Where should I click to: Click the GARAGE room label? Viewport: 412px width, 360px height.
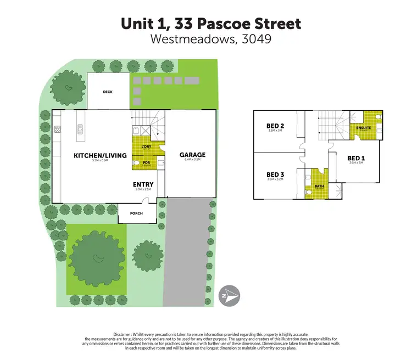pos(192,155)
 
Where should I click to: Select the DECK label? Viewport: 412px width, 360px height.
pos(108,92)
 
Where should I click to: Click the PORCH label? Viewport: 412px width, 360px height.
pos(136,213)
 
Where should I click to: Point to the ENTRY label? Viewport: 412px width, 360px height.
pos(143,184)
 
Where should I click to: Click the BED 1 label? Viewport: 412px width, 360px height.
pos(355,158)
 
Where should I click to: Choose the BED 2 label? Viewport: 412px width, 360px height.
pos(274,125)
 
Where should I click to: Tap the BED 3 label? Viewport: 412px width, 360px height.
pos(274,175)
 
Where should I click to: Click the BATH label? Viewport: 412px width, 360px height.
pos(319,187)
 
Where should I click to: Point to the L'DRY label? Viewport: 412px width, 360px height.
pos(146,147)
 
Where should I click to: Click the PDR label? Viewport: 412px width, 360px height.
pos(146,162)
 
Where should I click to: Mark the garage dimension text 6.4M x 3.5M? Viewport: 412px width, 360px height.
pos(192,160)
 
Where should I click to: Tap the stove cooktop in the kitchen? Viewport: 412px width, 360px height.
pos(58,130)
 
